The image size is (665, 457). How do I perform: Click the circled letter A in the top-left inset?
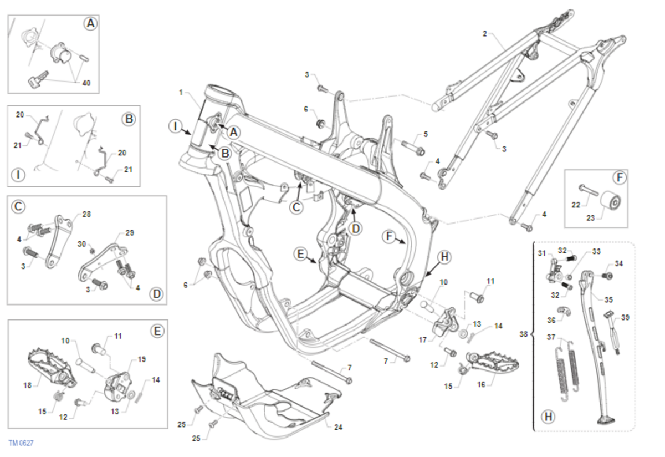point(90,23)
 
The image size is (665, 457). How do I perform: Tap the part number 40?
point(86,83)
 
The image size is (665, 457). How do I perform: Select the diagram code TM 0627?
point(21,443)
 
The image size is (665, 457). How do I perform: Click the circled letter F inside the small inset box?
point(619,178)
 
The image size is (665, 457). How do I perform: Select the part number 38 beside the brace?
point(525,334)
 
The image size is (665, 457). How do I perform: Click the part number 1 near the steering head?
point(180,91)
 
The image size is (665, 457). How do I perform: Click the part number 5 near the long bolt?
point(425,134)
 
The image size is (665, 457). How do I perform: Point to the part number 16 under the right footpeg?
point(481,383)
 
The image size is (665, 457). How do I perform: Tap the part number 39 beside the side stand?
point(625,317)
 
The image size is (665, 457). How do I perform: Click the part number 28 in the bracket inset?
point(86,214)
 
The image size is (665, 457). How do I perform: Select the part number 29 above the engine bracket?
point(130,233)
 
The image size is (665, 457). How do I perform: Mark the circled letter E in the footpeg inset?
point(157,331)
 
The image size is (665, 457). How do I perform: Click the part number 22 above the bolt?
point(576,205)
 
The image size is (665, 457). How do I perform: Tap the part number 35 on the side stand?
point(608,299)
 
